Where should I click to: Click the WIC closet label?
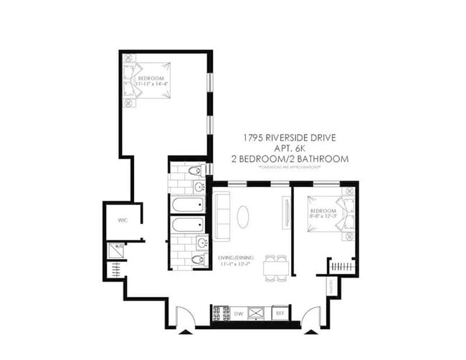coord(122,221)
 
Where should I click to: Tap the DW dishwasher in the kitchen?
coord(239,313)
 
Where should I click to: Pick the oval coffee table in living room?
coord(244,217)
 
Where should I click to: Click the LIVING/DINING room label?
coord(234,260)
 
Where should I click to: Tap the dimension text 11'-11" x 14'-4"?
coord(151,84)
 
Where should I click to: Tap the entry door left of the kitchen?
coord(185,320)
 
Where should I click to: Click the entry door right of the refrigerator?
coord(311,320)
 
